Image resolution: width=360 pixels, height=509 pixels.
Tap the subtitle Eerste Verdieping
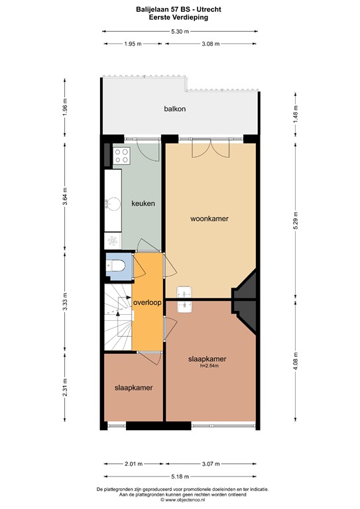click(x=180, y=18)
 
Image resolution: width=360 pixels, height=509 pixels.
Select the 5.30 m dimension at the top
click(x=180, y=31)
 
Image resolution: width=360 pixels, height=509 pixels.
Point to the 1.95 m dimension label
click(x=133, y=44)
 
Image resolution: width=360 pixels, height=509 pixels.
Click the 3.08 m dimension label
click(x=211, y=44)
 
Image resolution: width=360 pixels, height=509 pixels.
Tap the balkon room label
click(x=175, y=109)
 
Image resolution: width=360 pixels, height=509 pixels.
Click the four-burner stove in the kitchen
click(x=121, y=156)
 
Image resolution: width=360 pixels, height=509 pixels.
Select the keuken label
click(x=143, y=203)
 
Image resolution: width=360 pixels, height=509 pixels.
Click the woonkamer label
click(x=210, y=218)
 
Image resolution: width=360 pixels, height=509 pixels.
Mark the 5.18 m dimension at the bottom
click(x=180, y=476)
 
